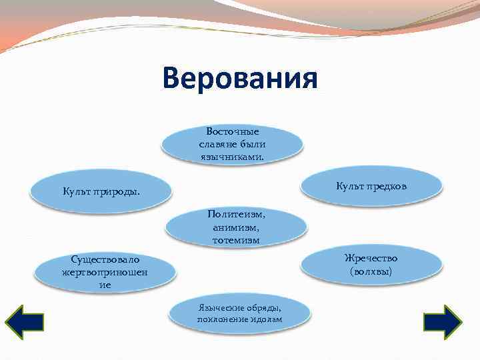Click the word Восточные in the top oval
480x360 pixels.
[x=233, y=132]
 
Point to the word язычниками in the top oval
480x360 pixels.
[x=231, y=157]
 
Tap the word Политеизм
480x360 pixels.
[x=235, y=214]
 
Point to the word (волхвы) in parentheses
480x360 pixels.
[x=371, y=271]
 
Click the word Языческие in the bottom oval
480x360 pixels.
[x=218, y=307]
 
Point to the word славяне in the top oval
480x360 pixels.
[x=215, y=145]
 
